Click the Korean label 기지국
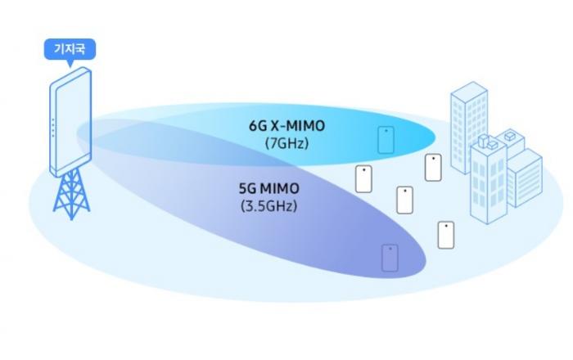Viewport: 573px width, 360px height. [x=70, y=48]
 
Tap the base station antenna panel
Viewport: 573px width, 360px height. [x=70, y=121]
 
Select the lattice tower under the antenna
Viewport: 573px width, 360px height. [x=72, y=194]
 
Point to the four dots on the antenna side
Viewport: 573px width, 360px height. [x=53, y=128]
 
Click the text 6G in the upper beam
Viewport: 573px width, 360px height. [x=258, y=126]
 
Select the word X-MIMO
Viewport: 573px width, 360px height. [x=297, y=126]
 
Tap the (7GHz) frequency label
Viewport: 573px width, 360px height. [x=286, y=143]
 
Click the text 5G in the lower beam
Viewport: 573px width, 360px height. [x=248, y=189]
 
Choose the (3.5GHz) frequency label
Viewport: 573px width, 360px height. [x=269, y=206]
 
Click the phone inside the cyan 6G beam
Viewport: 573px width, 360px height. [x=386, y=139]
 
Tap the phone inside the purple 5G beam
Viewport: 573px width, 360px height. [x=390, y=258]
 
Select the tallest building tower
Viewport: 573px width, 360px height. [x=469, y=127]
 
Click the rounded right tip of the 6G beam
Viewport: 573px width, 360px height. [x=435, y=137]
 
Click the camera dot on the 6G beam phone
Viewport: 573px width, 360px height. [x=386, y=131]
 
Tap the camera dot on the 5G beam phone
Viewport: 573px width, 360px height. [x=390, y=249]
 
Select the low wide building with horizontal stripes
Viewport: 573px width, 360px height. [x=525, y=178]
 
